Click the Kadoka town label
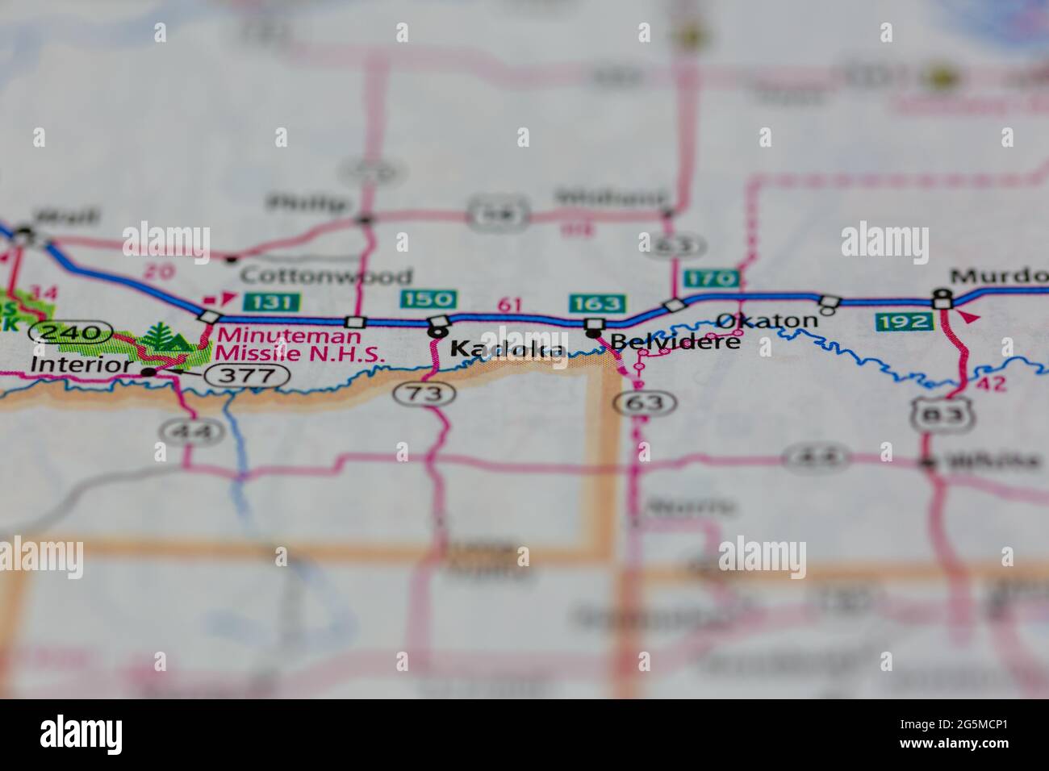[507, 349]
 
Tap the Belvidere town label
[675, 343]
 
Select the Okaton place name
[767, 320]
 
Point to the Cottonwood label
[326, 276]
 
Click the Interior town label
[80, 365]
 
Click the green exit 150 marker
[428, 299]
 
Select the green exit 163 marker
[597, 303]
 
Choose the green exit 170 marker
[711, 279]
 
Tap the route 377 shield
[247, 374]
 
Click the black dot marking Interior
[148, 373]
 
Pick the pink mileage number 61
[509, 304]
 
